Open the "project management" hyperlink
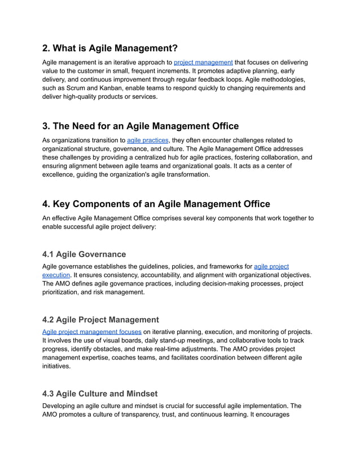pyautogui.click(x=203, y=62)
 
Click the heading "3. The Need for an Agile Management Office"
pyautogui.click(x=141, y=126)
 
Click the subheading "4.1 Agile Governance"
pyautogui.click(x=84, y=254)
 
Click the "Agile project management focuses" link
pyautogui.click(x=92, y=331)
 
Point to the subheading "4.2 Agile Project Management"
pyautogui.click(x=100, y=319)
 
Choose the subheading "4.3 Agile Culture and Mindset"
pyautogui.click(x=100, y=393)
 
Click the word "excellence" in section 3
pyautogui.click(x=60, y=175)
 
